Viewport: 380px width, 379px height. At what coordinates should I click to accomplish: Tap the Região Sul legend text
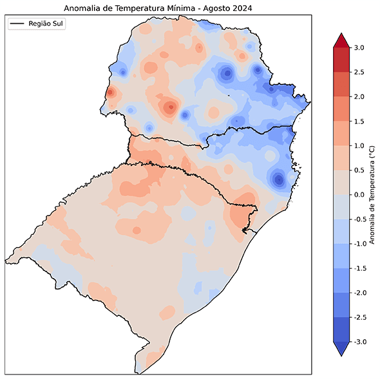coord(47,24)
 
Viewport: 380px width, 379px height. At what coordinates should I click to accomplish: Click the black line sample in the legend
coord(18,24)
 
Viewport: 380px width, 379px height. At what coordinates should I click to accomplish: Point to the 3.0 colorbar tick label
coord(359,48)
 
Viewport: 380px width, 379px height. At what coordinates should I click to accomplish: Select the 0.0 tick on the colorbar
coord(359,194)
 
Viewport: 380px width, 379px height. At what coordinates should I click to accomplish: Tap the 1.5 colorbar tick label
coord(359,121)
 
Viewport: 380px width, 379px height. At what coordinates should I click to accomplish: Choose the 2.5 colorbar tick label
coord(359,72)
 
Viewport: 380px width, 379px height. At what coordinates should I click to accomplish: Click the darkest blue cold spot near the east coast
coord(278,180)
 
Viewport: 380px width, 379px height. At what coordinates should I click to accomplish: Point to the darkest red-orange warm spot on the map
coord(170,107)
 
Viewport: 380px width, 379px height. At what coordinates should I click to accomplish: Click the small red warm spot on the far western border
coord(109,93)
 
